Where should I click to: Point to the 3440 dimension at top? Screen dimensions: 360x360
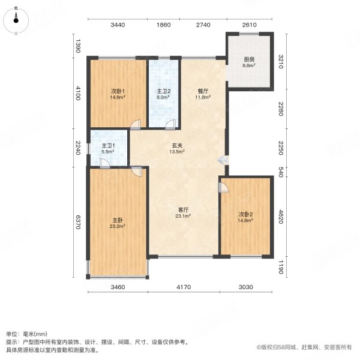(x=117, y=25)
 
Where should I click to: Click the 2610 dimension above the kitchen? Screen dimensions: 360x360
(x=250, y=25)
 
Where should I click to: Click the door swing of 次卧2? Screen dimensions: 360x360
(x=224, y=187)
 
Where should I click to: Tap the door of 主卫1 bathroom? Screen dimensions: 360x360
(x=104, y=165)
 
